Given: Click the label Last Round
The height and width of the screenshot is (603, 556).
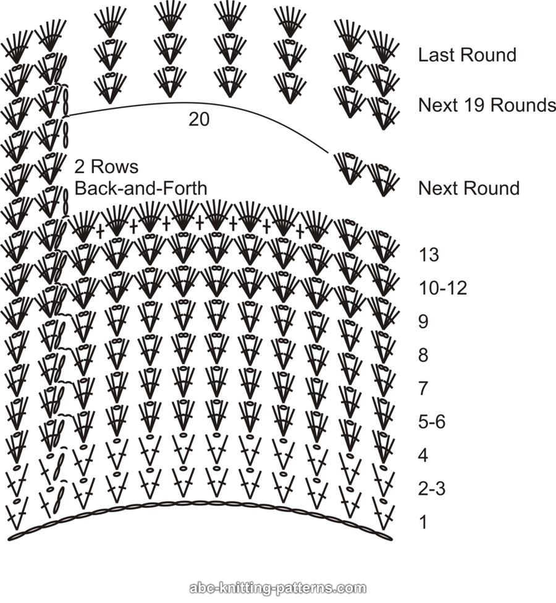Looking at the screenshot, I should [x=467, y=55].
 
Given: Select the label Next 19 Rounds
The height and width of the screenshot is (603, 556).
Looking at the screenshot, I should [x=487, y=105].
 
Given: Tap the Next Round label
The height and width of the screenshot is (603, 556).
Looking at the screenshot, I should [x=469, y=188].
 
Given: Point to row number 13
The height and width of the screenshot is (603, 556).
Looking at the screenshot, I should [x=430, y=254].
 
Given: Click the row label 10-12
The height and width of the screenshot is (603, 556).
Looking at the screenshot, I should [x=442, y=288].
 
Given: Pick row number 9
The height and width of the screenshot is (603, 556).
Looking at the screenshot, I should [x=424, y=322].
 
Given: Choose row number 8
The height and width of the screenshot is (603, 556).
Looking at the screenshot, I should [x=424, y=356].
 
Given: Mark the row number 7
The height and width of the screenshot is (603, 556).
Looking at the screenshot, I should [x=424, y=389].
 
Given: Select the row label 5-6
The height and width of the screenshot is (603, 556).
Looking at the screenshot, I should [x=431, y=422].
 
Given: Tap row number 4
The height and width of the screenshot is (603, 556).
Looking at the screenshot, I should [x=424, y=456].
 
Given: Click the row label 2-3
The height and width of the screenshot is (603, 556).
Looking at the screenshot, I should [x=431, y=490].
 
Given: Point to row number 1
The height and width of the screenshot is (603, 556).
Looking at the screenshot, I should [x=423, y=523].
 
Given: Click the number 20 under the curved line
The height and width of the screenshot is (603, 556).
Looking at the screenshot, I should [x=199, y=120].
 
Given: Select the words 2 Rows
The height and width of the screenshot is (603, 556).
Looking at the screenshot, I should [x=106, y=167].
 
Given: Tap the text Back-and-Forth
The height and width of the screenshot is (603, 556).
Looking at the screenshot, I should [x=141, y=187].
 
